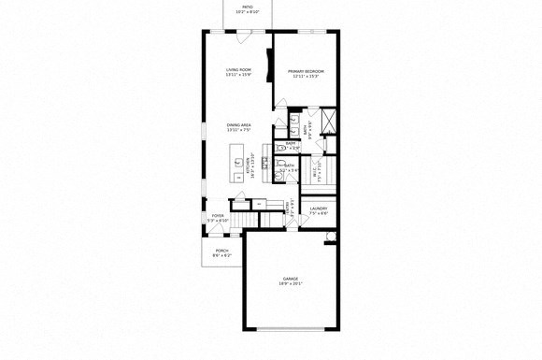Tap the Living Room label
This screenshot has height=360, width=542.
pyautogui.click(x=239, y=70)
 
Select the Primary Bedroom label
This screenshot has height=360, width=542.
pyautogui.click(x=306, y=71)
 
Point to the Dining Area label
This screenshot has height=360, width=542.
pyautogui.click(x=239, y=124)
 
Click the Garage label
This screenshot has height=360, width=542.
pyautogui.click(x=291, y=279)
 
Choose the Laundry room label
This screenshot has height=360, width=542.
pyautogui.click(x=318, y=209)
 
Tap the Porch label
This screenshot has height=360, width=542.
pyautogui.click(x=222, y=251)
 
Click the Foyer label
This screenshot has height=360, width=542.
pyautogui.click(x=217, y=216)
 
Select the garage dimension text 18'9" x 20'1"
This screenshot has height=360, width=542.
pyautogui.click(x=291, y=283)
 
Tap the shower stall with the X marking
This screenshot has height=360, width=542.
pyautogui.click(x=328, y=121)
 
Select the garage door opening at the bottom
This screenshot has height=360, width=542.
pyautogui.click(x=292, y=327)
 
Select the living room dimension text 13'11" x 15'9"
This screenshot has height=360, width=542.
pyautogui.click(x=239, y=75)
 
